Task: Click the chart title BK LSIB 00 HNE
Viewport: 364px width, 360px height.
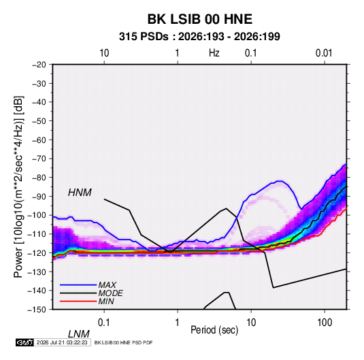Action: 200,19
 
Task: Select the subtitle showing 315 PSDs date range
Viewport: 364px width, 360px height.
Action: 199,37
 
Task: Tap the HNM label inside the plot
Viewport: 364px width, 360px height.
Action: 80,193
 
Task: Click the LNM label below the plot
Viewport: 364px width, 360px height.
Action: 79,334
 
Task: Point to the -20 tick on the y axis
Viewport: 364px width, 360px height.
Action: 39,65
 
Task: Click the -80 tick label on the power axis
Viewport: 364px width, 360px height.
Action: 39,178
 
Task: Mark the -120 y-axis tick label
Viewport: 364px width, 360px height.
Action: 37,253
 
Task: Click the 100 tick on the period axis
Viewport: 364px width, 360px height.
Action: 325,323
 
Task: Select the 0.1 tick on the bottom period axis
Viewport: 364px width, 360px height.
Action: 104,323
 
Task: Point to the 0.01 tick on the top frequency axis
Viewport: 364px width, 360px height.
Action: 324,53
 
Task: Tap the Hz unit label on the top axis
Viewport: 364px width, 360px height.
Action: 214,53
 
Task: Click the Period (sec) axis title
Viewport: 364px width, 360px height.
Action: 214,330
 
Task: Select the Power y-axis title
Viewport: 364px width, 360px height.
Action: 18,187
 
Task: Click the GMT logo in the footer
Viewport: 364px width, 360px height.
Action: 24,342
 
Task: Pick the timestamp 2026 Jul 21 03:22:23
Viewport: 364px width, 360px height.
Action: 62,342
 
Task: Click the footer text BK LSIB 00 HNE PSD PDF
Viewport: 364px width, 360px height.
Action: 124,342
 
